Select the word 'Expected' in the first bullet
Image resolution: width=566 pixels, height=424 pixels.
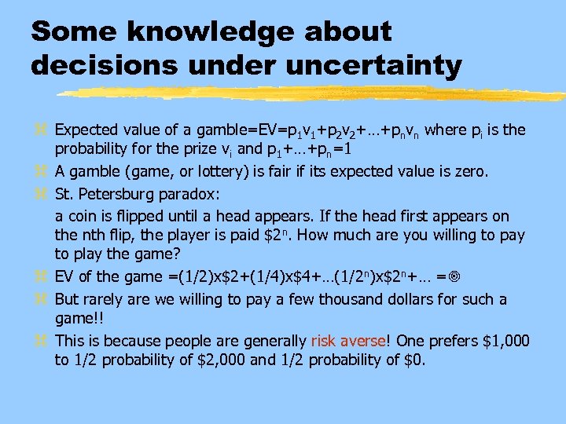[x=84, y=129]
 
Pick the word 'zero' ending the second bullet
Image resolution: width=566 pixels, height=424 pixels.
[x=467, y=172]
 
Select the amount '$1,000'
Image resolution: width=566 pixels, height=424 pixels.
[x=502, y=341]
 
